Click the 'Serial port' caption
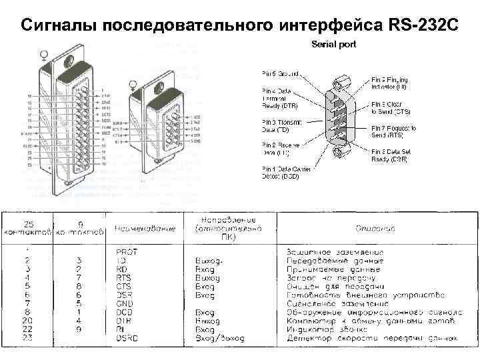click(x=334, y=44)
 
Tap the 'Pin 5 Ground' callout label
click(x=279, y=75)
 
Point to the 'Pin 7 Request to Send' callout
click(x=393, y=131)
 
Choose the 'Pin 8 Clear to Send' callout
click(x=391, y=108)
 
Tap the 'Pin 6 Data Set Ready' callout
click(x=391, y=155)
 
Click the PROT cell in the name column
click(x=126, y=251)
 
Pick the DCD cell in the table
click(x=123, y=312)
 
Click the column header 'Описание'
click(x=376, y=228)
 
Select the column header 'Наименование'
click(x=145, y=229)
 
